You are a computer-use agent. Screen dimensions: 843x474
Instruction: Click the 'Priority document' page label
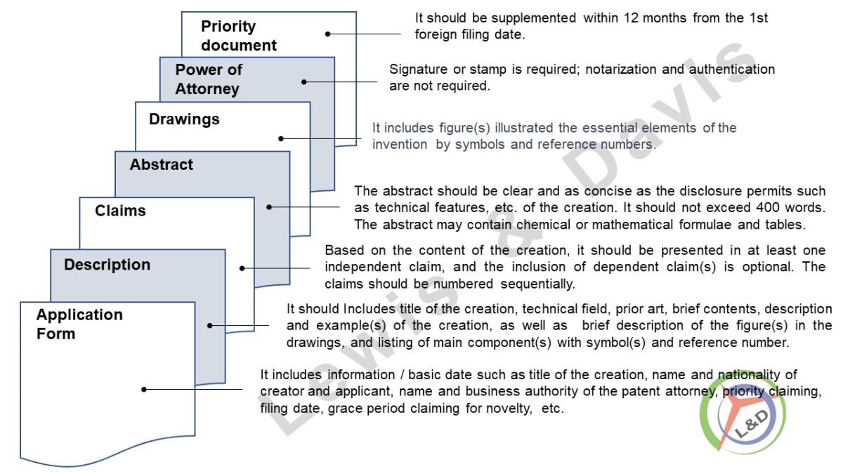tap(239, 36)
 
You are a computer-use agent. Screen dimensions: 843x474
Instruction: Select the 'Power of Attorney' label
tap(209, 79)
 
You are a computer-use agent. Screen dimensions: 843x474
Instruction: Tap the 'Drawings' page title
tap(184, 119)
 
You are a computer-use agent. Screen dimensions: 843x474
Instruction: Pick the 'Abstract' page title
tap(161, 164)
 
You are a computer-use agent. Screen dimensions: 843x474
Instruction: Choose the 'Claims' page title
tap(120, 211)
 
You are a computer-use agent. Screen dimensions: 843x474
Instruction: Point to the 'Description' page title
tap(107, 265)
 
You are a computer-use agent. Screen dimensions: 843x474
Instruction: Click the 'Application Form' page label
tap(79, 324)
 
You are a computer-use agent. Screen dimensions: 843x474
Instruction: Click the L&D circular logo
tap(743, 413)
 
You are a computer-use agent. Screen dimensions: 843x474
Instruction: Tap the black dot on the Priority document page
tap(328, 34)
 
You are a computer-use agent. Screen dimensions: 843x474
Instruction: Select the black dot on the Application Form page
tap(144, 389)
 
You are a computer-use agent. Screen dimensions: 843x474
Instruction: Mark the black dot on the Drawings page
tap(281, 138)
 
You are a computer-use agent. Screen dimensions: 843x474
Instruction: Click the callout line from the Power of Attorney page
tap(341, 82)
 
